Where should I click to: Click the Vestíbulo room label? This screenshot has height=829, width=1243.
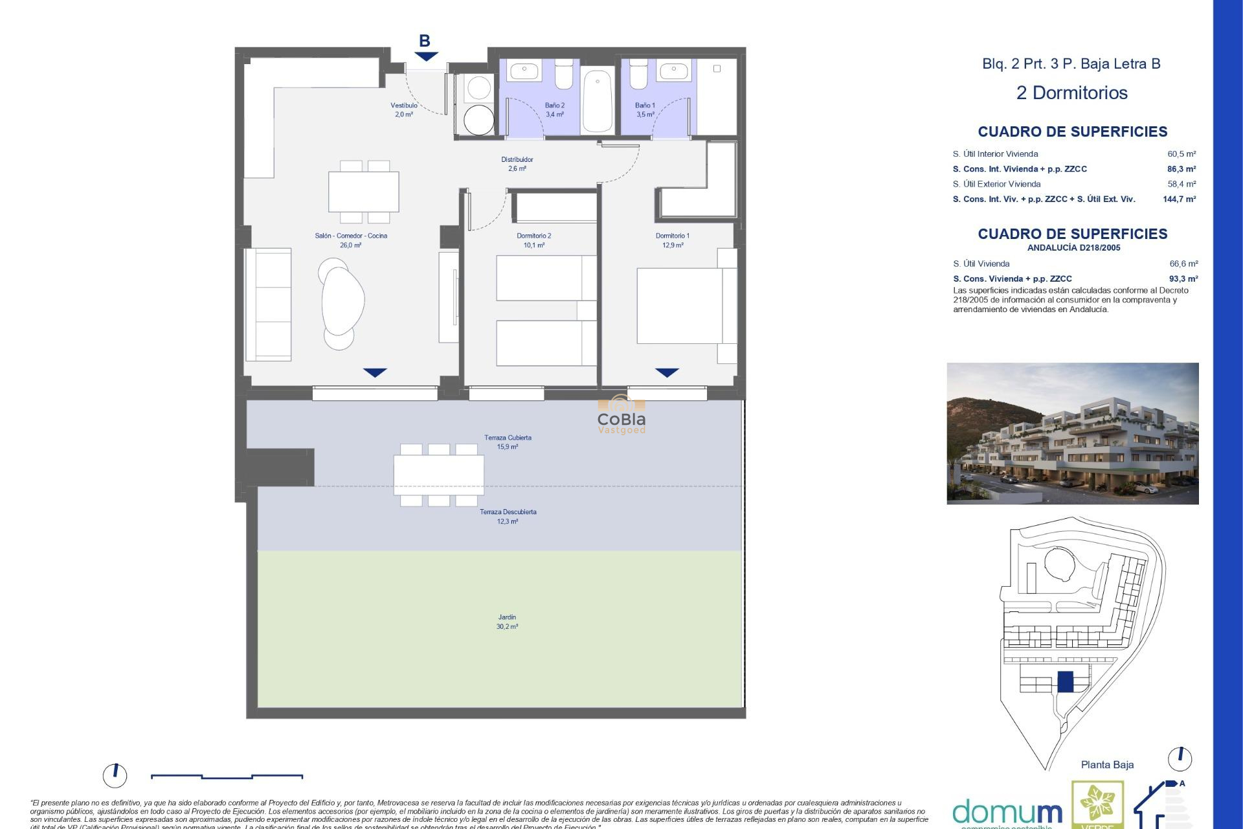[x=403, y=109]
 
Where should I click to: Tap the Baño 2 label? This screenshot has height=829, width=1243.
[x=554, y=109]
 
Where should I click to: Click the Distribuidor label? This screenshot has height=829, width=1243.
[x=517, y=164]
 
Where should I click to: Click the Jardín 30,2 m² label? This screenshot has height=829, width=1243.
[x=507, y=622]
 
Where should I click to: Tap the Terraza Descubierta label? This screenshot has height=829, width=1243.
[x=508, y=516]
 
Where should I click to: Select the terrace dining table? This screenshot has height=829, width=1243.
[x=438, y=475]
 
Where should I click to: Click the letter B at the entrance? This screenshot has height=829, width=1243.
[x=425, y=41]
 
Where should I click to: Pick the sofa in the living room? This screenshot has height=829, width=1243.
[x=268, y=304]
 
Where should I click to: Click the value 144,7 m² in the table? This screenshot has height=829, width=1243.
[x=1179, y=199]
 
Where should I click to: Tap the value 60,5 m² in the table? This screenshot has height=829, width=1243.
[x=1181, y=154]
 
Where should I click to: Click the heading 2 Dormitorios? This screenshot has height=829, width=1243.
[x=1071, y=93]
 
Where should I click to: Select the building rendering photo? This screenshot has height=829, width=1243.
[x=1072, y=433]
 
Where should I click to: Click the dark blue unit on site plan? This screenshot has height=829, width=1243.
[x=1065, y=681]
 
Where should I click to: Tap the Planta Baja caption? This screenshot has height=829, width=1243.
[x=1107, y=765]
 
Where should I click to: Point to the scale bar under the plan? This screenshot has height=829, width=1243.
[x=227, y=776]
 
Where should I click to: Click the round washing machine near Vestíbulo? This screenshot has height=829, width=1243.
[x=478, y=120]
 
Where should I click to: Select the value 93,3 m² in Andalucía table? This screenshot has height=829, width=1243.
[x=1183, y=278]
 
